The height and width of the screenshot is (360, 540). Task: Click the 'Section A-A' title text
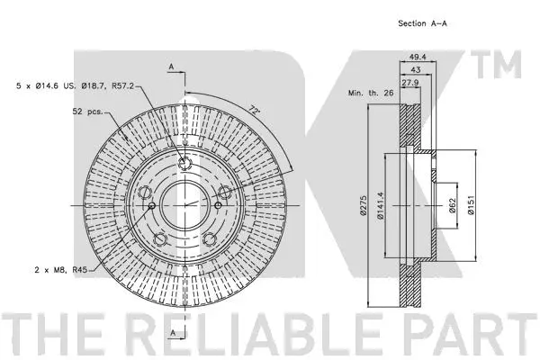click(x=422, y=24)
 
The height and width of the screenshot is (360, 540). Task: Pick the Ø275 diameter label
click(x=363, y=208)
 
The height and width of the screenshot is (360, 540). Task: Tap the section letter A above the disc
click(x=170, y=67)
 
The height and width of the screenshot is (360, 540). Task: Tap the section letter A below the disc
click(x=170, y=334)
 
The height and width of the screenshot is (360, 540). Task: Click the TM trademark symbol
click(x=506, y=64)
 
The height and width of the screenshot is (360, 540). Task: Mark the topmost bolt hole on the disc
click(x=184, y=163)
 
